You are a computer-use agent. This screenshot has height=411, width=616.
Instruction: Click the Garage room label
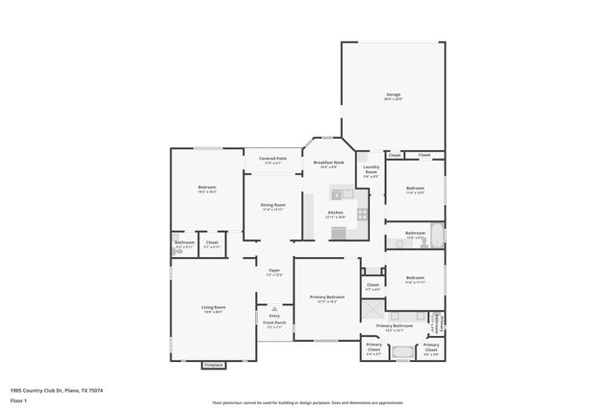point(394,94)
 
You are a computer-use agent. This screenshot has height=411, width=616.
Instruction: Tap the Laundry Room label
point(371,172)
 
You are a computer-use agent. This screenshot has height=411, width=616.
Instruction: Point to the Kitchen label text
point(335,213)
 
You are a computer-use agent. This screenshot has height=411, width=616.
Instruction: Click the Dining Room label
point(273,206)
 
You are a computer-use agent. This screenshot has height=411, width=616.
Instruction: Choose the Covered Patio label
point(272,160)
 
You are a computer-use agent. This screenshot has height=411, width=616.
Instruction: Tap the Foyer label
point(274,272)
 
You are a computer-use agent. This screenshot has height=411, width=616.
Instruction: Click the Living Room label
point(213,309)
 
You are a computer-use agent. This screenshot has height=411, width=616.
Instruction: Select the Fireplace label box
point(214,366)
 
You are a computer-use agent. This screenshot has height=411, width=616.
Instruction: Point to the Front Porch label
point(274,324)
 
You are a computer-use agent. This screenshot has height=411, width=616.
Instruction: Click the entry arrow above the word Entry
point(274,309)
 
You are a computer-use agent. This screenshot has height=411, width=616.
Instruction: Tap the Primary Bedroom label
point(327,299)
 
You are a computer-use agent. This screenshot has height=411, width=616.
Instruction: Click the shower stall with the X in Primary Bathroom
point(372,309)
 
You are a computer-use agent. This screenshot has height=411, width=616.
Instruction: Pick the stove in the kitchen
point(362,214)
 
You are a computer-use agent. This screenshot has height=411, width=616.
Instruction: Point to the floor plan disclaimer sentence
point(307,402)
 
